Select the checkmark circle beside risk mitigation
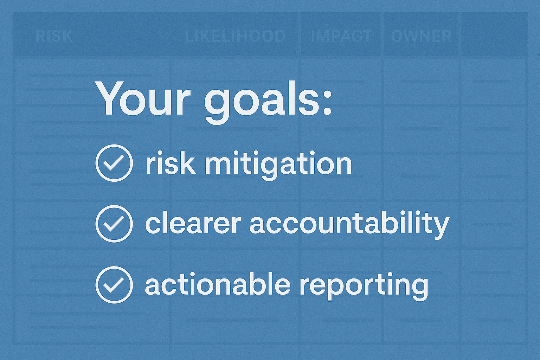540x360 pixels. [114, 163]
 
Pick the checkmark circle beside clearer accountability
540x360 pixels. [114, 224]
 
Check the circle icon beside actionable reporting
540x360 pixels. [114, 285]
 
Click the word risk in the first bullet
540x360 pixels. [171, 163]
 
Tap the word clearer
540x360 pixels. [193, 224]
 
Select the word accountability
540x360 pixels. [349, 224]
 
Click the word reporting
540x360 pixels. [364, 285]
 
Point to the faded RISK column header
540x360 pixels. [54, 36]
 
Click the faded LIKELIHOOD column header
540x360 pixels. [235, 36]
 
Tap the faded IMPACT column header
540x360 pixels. [341, 36]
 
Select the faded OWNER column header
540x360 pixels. [421, 36]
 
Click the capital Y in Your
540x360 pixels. [109, 98]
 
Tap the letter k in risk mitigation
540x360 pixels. [188, 162]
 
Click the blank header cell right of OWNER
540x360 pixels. [494, 34]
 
